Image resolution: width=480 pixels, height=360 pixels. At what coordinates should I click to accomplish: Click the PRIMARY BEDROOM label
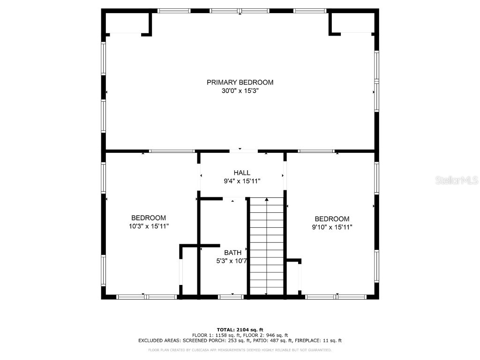point(240,82)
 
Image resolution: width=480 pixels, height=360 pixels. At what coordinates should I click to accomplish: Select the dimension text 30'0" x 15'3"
point(240,91)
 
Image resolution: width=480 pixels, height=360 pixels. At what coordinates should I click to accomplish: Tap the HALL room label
point(242,172)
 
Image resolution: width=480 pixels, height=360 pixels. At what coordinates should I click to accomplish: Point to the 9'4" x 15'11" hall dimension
point(242,181)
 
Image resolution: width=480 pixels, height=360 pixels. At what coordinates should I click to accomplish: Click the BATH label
point(232,253)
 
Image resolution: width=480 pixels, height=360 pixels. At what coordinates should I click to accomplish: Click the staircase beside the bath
point(266,246)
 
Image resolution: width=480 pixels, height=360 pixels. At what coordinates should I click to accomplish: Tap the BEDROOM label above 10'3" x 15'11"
point(148,218)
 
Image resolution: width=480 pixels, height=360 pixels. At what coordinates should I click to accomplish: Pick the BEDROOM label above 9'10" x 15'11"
point(332,219)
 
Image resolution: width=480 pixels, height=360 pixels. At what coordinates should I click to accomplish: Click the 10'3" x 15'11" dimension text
point(149,226)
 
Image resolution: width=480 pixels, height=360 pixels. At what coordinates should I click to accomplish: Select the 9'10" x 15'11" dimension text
point(332,227)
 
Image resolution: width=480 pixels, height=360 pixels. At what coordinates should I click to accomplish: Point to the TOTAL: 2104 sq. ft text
point(240,330)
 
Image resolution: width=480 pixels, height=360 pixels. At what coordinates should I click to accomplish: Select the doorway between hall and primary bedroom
point(243,151)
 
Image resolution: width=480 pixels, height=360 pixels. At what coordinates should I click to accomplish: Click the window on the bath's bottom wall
point(231,297)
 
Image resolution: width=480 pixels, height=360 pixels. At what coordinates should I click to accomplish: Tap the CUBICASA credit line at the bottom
point(240,350)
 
